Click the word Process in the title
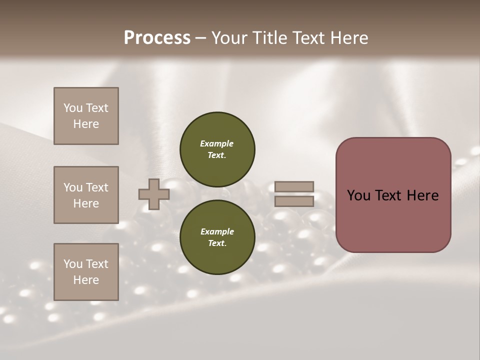pyautogui.click(x=157, y=38)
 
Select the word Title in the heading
pyautogui.click(x=270, y=38)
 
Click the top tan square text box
pyautogui.click(x=86, y=116)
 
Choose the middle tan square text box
pyautogui.click(x=86, y=195)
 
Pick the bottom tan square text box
pyautogui.click(x=86, y=272)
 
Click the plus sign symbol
pyautogui.click(x=153, y=194)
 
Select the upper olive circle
pyautogui.click(x=217, y=149)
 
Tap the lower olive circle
pyautogui.click(x=217, y=237)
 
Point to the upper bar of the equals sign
pyautogui.click(x=294, y=186)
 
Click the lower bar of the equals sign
pyautogui.click(x=294, y=201)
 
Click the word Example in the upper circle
pyautogui.click(x=217, y=143)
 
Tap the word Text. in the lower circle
pyautogui.click(x=217, y=243)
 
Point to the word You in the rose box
pyautogui.click(x=358, y=195)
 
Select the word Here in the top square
pyautogui.click(x=86, y=124)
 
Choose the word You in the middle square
pyautogui.click(x=72, y=187)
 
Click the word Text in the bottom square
pyautogui.click(x=97, y=264)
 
